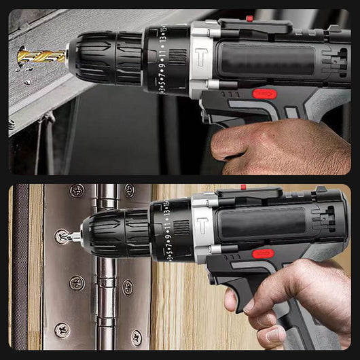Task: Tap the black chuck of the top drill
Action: point(105,57)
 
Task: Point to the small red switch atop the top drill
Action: point(250,18)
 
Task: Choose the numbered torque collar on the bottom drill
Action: point(170,230)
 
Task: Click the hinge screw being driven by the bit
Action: point(62,237)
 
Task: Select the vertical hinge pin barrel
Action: point(105,272)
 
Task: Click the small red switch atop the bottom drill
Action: point(242,187)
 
